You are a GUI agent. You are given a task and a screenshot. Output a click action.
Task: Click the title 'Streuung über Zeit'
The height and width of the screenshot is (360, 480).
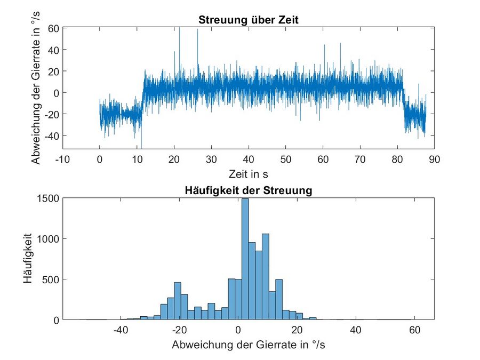click(248, 21)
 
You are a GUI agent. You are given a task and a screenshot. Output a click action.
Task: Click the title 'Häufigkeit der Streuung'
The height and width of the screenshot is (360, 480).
click(248, 190)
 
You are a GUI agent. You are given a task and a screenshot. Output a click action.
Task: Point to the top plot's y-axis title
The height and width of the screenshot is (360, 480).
click(35, 88)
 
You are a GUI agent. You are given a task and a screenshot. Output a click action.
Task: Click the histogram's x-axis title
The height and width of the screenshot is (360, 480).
click(248, 345)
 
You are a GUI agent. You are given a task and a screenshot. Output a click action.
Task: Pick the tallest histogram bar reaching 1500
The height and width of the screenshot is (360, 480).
click(245, 259)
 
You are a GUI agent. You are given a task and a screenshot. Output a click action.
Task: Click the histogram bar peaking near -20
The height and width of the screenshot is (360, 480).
click(178, 301)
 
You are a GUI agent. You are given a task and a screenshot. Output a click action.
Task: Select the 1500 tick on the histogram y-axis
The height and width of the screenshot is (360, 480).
click(49, 198)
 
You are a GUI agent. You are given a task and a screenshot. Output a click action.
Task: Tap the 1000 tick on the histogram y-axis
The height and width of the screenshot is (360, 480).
click(49, 238)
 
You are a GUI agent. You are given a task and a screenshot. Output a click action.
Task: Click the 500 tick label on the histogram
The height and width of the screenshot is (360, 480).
click(51, 279)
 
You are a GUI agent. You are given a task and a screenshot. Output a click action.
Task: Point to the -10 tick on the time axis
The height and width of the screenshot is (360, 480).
click(62, 159)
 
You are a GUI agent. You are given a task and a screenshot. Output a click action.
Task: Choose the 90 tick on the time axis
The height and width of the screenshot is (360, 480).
click(434, 159)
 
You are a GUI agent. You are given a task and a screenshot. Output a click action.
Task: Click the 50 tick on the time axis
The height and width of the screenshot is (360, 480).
click(285, 159)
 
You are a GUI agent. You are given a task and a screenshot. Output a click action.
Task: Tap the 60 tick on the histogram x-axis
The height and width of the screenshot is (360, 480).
click(414, 330)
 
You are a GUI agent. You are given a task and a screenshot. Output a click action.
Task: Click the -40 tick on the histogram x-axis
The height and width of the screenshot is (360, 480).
click(121, 330)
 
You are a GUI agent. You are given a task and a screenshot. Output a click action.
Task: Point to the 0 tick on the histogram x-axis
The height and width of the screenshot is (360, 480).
click(238, 330)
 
